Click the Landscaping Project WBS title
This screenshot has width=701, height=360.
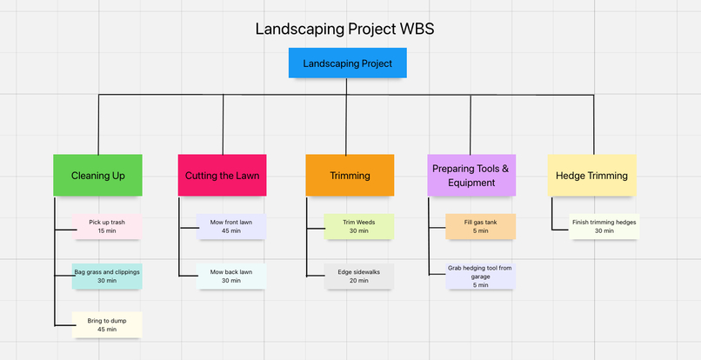344,29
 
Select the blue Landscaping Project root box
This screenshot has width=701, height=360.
347,63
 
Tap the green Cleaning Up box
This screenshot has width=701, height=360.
97,176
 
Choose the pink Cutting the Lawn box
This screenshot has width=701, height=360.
222,176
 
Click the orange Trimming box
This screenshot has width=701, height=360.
350,176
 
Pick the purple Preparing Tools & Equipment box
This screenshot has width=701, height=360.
471,176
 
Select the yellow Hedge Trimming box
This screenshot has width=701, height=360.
591,176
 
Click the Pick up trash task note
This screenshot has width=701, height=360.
107,226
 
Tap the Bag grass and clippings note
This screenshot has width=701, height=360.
107,276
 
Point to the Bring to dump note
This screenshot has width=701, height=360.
107,325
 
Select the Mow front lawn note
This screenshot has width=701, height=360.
231,226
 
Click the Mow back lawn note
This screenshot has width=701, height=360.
231,276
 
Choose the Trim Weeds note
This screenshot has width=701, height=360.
358,226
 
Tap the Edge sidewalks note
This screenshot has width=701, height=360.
358,276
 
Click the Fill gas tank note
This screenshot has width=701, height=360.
480,226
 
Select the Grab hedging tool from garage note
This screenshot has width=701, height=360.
480,276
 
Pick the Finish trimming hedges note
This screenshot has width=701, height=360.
604,226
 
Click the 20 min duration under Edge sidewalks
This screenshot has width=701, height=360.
358,281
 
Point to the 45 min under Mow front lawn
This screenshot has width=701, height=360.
231,231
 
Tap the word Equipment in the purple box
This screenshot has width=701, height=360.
471,183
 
